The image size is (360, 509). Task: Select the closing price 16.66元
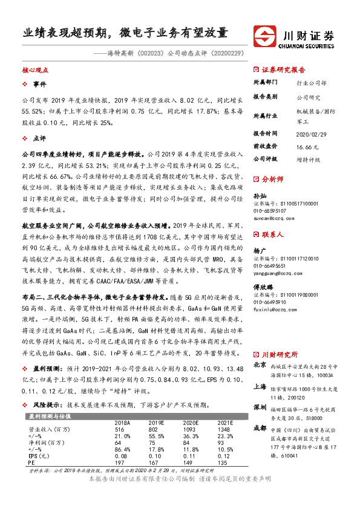click(307, 146)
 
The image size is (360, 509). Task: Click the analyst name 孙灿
click(259, 196)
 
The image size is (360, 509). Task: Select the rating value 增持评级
click(309, 159)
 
